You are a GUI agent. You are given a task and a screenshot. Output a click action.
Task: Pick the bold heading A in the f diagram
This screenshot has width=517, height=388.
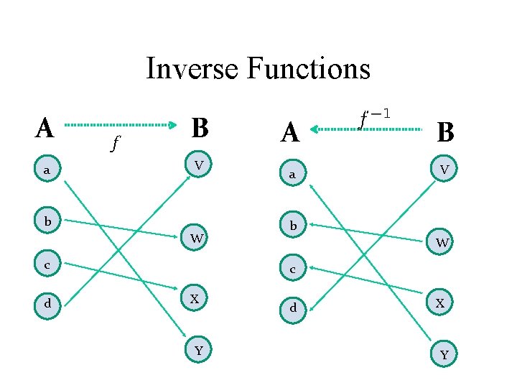click(x=45, y=128)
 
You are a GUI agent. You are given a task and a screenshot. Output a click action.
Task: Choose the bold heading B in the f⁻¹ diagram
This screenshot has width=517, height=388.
click(x=445, y=131)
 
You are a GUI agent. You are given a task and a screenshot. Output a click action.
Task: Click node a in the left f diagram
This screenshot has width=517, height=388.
click(x=47, y=170)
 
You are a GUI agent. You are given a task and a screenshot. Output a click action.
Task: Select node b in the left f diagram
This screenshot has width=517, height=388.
click(x=47, y=221)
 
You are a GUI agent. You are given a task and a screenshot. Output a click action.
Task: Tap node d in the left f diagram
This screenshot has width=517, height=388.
click(x=47, y=303)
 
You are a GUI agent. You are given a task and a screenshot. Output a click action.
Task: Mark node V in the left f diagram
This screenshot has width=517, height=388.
click(x=199, y=165)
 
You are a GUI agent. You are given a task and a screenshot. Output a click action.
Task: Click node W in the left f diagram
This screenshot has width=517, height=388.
click(x=196, y=236)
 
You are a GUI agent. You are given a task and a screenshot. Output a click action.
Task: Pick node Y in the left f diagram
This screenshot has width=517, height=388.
click(x=199, y=350)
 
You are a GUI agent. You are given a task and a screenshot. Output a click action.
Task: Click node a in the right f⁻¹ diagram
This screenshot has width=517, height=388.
click(x=292, y=175)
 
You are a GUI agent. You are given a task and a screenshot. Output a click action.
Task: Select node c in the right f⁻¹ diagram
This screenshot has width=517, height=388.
click(x=292, y=269)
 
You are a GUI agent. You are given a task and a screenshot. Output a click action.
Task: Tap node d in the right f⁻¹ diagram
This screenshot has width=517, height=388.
click(x=292, y=309)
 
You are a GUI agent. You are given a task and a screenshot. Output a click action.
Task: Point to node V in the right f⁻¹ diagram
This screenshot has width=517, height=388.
click(x=444, y=170)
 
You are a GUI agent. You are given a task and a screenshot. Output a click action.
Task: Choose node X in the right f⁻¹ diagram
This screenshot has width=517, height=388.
click(x=441, y=303)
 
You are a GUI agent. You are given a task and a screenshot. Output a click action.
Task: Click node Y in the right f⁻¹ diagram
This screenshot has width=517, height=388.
click(x=444, y=354)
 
